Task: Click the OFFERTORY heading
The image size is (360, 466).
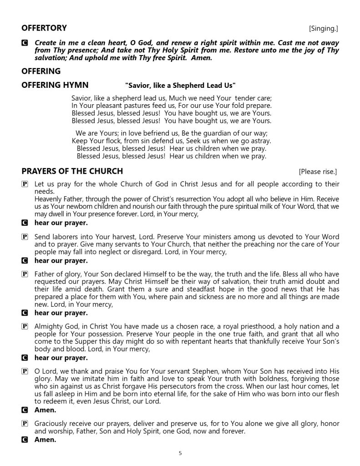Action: click(x=44, y=28)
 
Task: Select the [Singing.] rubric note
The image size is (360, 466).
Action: click(x=324, y=29)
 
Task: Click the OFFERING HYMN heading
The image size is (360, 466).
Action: click(x=55, y=85)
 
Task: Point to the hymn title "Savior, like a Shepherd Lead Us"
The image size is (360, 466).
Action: click(x=180, y=86)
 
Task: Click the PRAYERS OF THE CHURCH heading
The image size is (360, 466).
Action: click(x=72, y=171)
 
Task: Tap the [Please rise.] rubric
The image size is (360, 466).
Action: click(x=318, y=172)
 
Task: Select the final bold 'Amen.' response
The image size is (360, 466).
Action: click(x=45, y=440)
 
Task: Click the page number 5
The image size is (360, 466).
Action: click(x=180, y=453)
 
